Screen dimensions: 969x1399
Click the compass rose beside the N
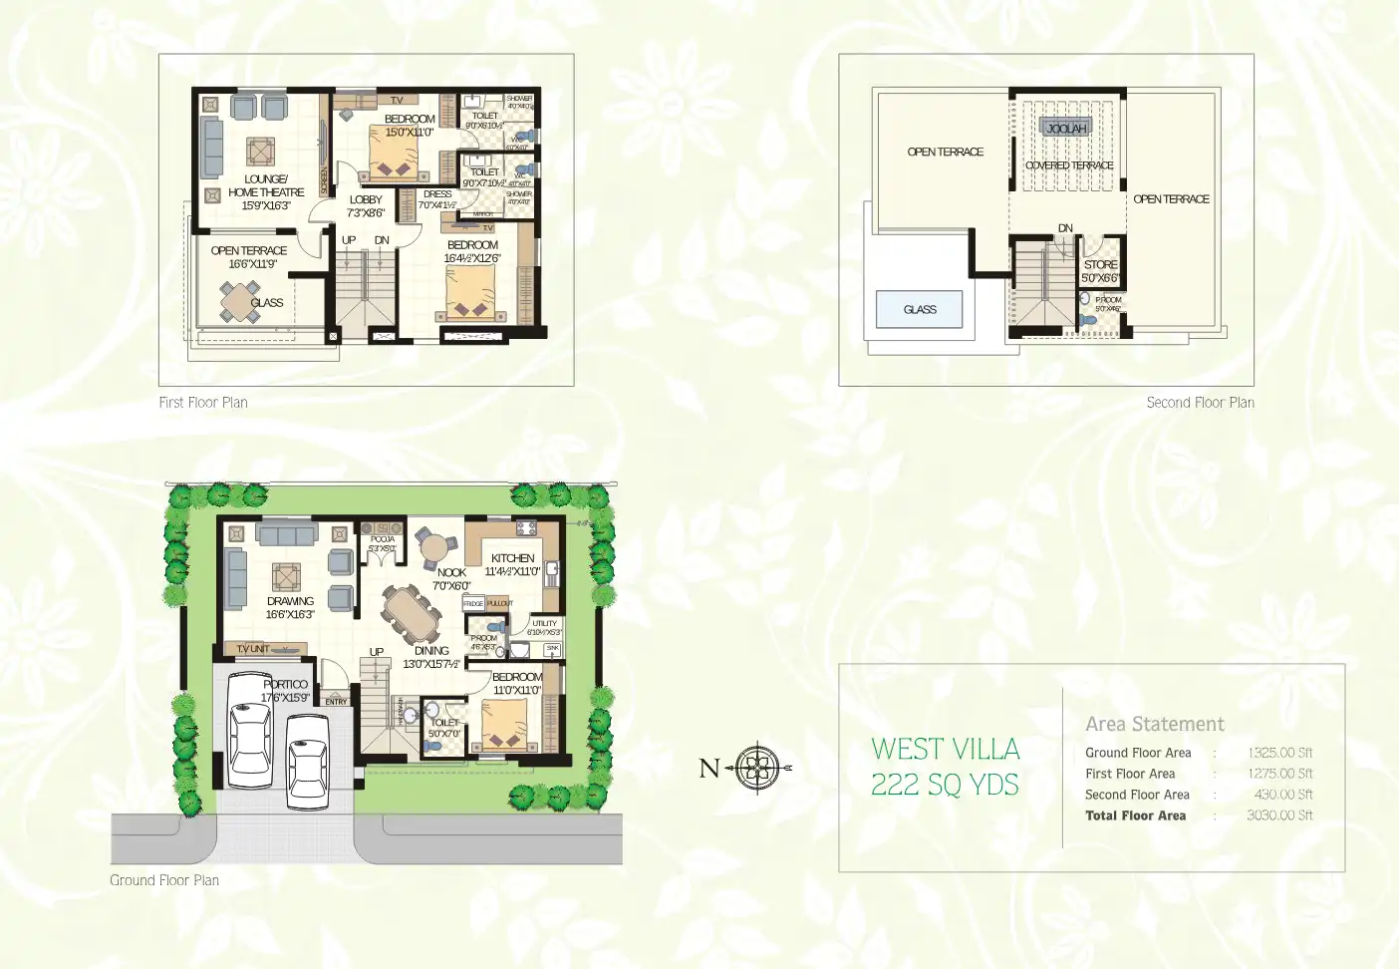tap(759, 768)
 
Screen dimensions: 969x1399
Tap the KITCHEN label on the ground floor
tap(512, 558)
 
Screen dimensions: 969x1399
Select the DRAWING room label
tap(290, 601)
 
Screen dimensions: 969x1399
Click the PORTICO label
tap(286, 684)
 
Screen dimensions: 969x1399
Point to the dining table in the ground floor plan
tap(412, 614)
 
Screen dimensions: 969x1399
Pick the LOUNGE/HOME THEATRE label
tap(266, 186)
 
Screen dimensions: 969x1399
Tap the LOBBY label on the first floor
tap(366, 199)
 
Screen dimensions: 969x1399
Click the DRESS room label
tap(437, 194)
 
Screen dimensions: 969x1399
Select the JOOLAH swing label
tap(1066, 128)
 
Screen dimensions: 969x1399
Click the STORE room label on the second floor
tap(1100, 264)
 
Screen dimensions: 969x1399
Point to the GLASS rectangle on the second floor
tap(920, 309)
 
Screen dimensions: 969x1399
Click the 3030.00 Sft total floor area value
tap(1279, 815)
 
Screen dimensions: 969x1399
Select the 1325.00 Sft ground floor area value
tap(1279, 753)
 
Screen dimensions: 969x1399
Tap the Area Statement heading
tap(1155, 724)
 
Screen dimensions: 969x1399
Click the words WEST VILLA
tap(945, 749)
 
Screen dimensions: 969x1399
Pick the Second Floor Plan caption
tap(1200, 403)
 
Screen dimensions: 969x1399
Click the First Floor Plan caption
tap(203, 403)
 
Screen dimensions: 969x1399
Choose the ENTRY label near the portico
tap(337, 702)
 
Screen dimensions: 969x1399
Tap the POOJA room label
tap(383, 539)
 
